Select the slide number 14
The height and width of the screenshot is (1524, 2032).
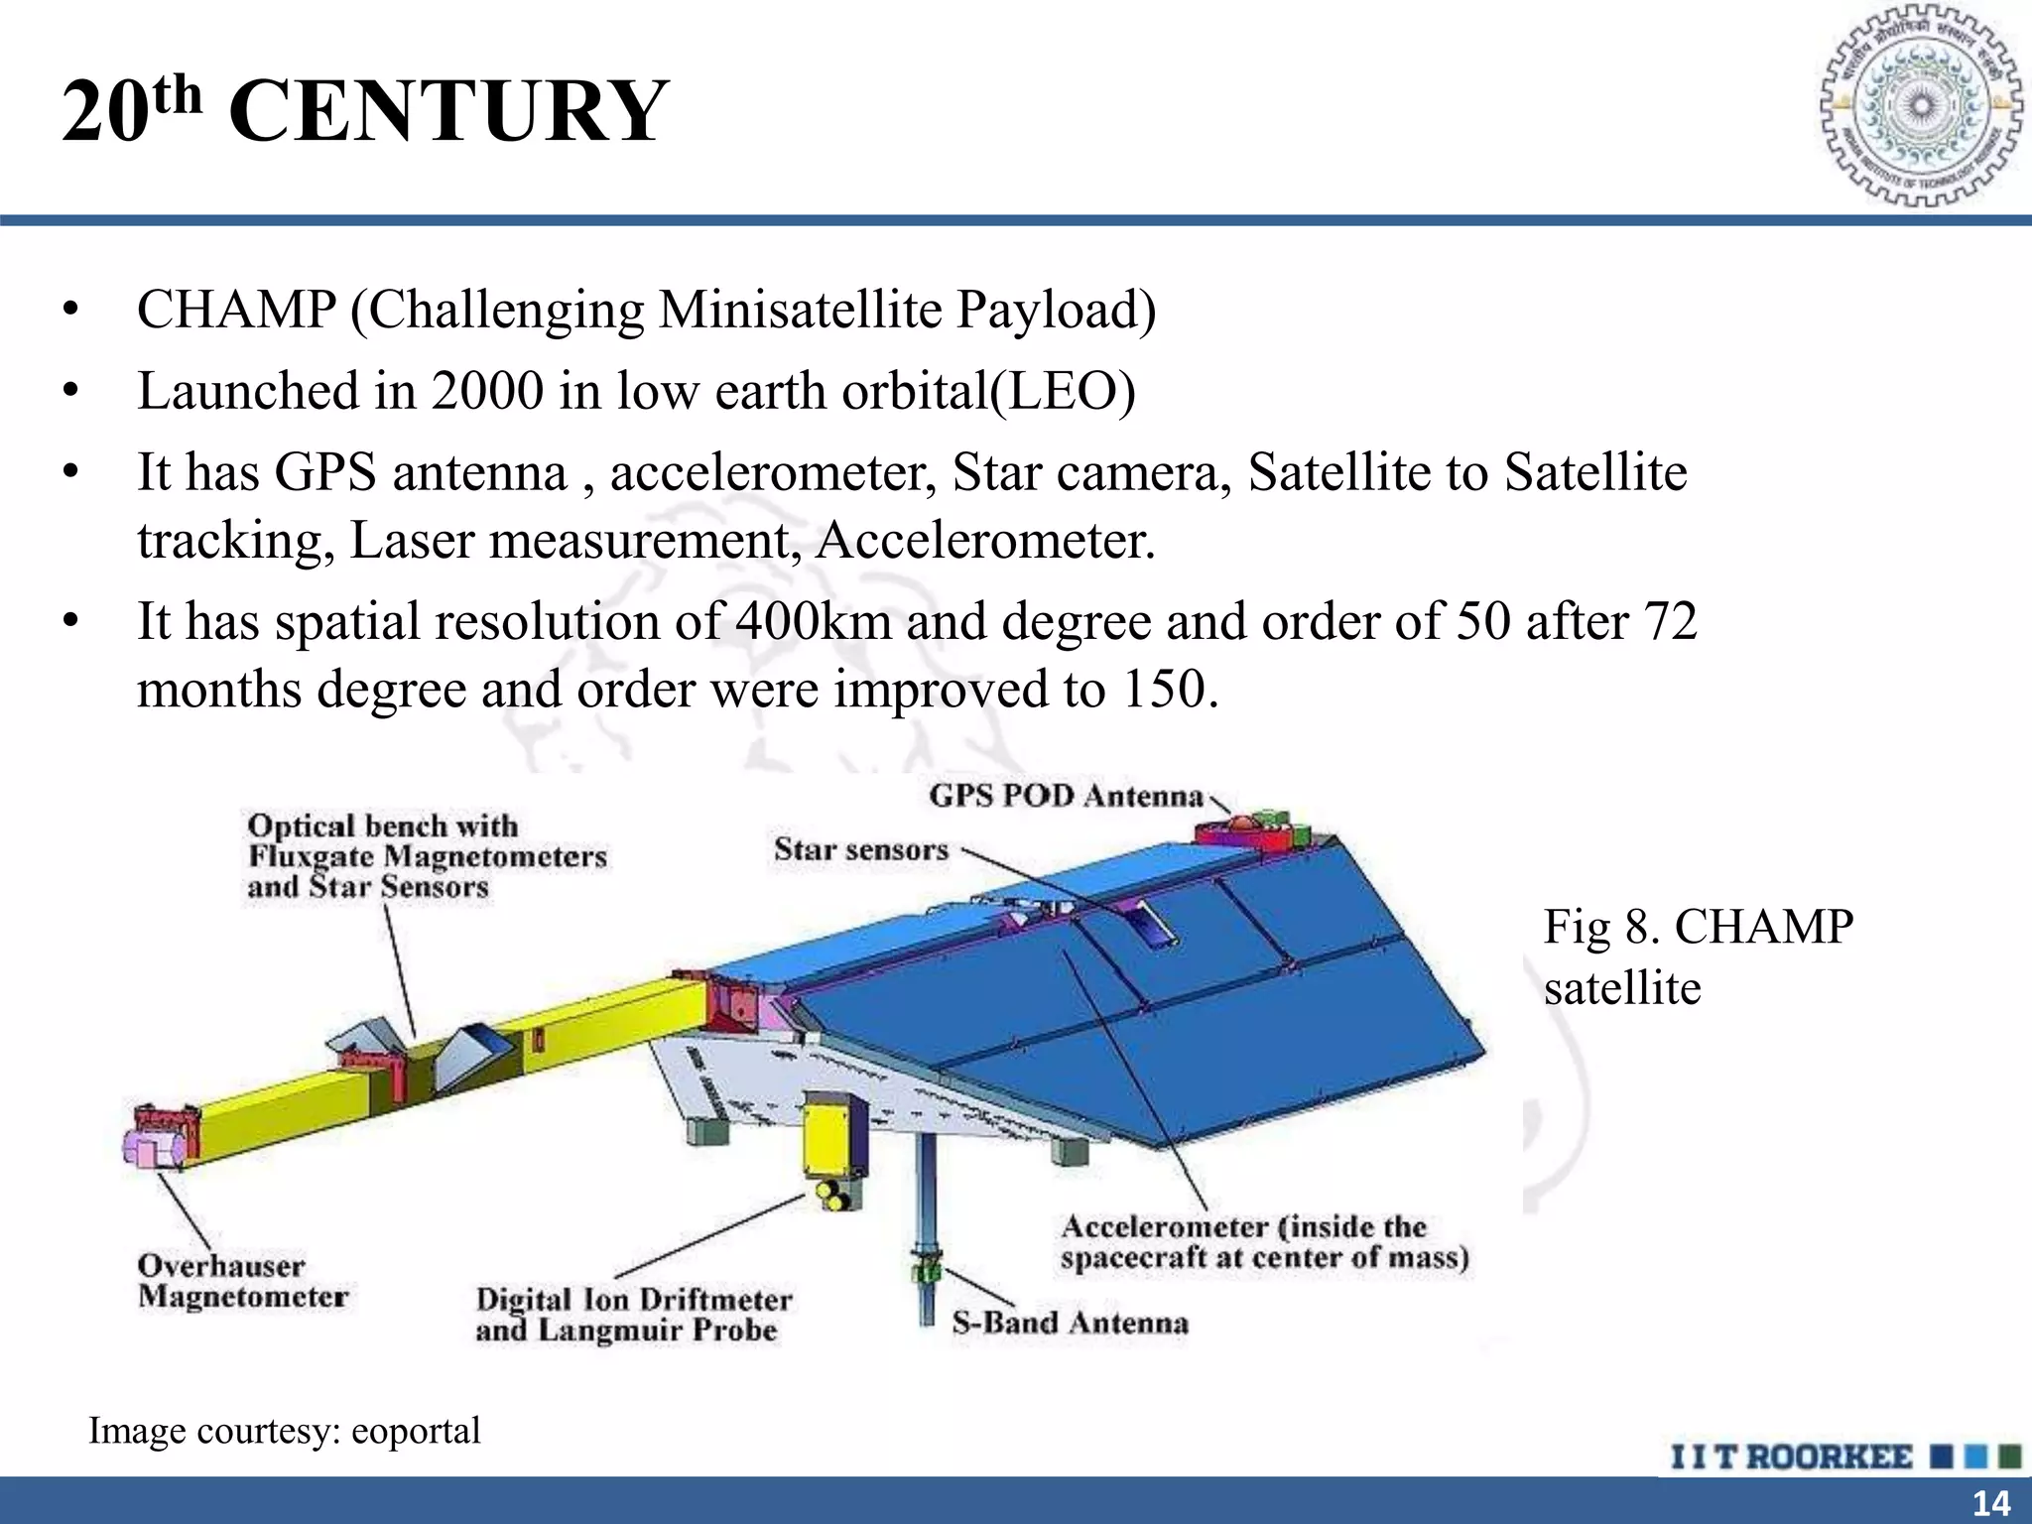(x=1990, y=1503)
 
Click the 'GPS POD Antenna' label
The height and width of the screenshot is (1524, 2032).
(x=1066, y=796)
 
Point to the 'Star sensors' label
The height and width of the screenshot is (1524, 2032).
(x=861, y=849)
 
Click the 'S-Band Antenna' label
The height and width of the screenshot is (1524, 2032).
(x=1070, y=1323)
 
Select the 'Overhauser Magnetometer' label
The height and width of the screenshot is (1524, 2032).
(x=243, y=1281)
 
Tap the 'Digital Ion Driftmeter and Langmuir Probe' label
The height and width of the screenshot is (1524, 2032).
(x=633, y=1315)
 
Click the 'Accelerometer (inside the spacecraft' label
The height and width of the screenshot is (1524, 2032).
(x=1263, y=1242)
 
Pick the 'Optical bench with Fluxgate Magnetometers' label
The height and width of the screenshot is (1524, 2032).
(x=427, y=855)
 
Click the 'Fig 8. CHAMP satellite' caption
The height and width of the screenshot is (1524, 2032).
(x=1697, y=956)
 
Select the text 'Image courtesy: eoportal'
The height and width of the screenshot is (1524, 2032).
(x=285, y=1431)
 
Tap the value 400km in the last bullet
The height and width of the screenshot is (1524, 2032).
(x=813, y=621)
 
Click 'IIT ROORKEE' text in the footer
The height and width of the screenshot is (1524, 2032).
(x=1791, y=1458)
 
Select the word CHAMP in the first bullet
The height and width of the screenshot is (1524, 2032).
(x=236, y=310)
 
